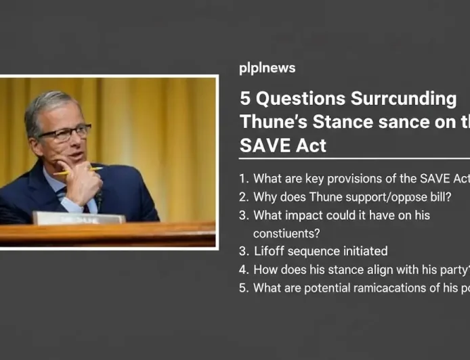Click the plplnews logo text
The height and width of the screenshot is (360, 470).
tap(267, 68)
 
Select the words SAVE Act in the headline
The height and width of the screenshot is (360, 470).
tap(283, 145)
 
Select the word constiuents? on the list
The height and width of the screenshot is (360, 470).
tap(286, 233)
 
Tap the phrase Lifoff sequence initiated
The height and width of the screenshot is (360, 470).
tap(320, 251)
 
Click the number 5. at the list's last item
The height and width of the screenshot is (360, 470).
tap(244, 288)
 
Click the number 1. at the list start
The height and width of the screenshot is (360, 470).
tap(244, 179)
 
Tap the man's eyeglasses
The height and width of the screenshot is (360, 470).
tap(64, 132)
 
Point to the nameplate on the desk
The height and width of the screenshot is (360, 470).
tap(79, 218)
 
